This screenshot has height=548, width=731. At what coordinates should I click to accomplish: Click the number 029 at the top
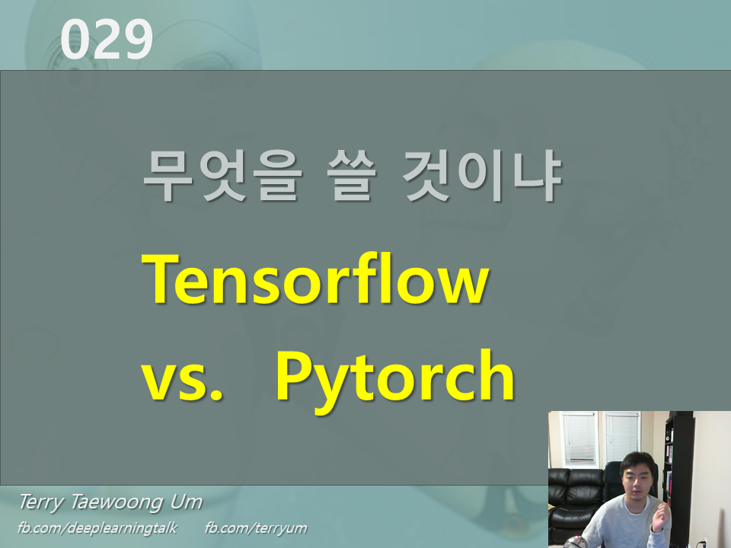point(107,40)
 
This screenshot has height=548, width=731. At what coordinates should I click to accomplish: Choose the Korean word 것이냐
point(484,177)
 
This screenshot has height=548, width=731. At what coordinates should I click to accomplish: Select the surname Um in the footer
point(187,502)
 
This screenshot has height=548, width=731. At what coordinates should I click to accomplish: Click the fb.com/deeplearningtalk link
point(96,527)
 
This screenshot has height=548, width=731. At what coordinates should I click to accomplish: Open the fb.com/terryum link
point(256,527)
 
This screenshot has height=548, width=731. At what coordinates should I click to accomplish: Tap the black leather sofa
point(576,495)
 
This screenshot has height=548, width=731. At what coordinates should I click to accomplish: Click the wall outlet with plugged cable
point(704,542)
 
